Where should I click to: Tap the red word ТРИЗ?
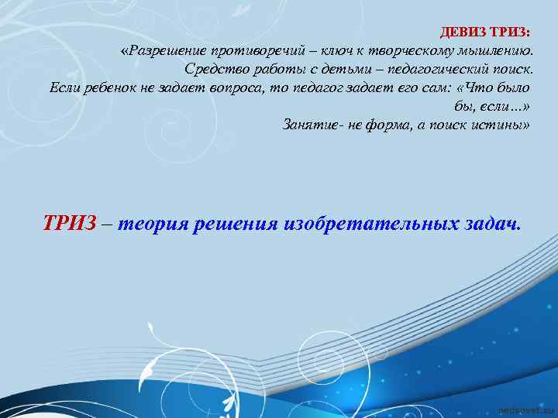pos(70,224)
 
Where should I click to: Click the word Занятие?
pos(310,124)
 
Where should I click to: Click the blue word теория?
pos(154,224)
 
